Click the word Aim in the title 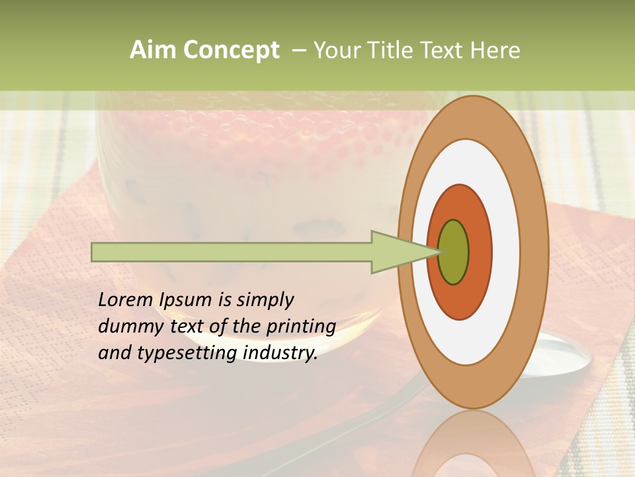(x=153, y=50)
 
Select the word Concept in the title (x=231, y=50)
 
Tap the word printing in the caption (x=301, y=327)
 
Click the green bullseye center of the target (x=454, y=252)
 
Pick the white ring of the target (x=506, y=252)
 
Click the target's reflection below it (x=473, y=444)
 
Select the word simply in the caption (x=265, y=300)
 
